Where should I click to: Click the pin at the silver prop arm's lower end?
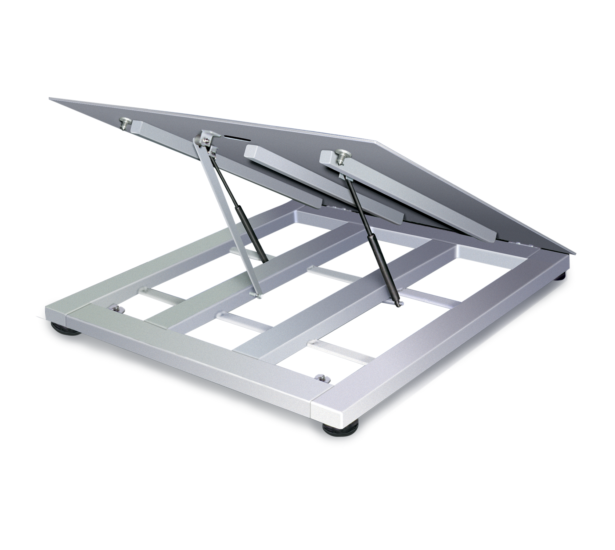[259, 296]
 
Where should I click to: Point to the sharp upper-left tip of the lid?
[51, 98]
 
